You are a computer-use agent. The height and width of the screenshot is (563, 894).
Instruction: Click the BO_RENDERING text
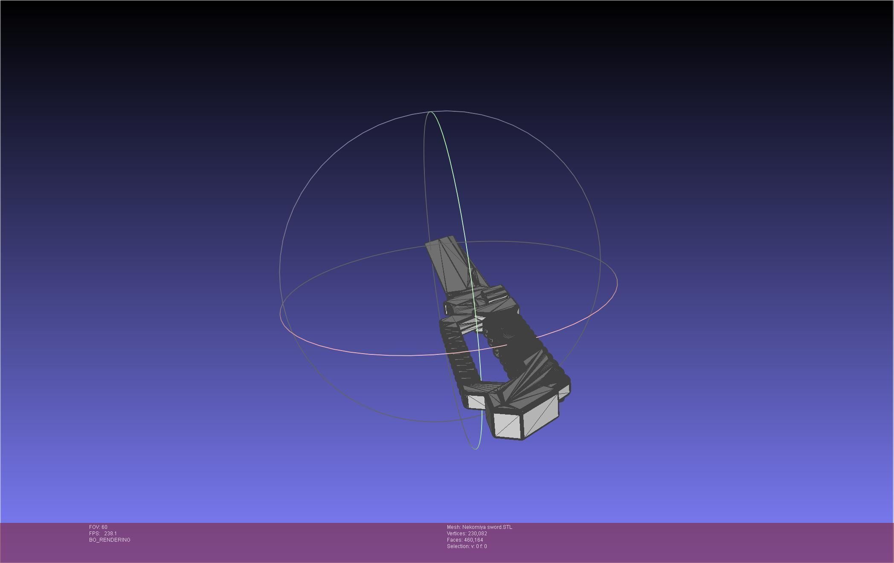[x=110, y=540]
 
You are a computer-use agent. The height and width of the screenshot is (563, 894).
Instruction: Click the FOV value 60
[x=104, y=527]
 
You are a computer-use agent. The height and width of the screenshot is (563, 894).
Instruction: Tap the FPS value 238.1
[x=110, y=534]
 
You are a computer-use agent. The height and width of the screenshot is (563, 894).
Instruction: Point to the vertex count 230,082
[x=477, y=534]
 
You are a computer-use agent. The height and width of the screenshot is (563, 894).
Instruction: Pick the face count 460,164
[x=473, y=540]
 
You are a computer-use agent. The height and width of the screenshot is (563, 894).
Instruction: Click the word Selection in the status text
[x=458, y=546]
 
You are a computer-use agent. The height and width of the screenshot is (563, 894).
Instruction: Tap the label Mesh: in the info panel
[x=453, y=527]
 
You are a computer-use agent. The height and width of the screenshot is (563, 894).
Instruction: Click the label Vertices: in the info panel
[x=456, y=534]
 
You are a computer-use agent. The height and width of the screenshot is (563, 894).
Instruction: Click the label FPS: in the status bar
[x=94, y=534]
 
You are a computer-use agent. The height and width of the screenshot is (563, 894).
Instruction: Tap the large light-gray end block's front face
[x=508, y=424]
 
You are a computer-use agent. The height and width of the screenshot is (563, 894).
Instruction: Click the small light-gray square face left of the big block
[x=476, y=401]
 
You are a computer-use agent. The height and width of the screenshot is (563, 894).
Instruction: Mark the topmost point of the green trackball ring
[x=431, y=112]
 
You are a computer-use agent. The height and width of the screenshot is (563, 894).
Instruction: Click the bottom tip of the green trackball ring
[x=476, y=449]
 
